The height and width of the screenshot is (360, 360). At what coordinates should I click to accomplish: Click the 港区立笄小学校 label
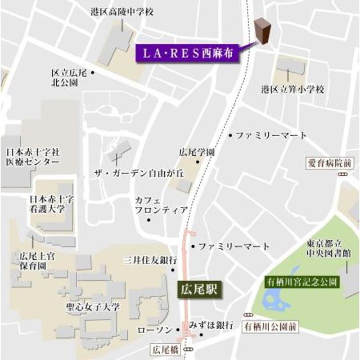[292, 89]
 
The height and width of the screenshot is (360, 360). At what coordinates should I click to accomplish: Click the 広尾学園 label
[197, 152]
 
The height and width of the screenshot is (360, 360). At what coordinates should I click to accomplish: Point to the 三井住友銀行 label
[150, 260]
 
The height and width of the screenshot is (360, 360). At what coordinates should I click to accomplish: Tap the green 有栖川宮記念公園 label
[303, 281]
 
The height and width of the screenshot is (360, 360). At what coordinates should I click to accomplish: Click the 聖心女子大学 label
[92, 308]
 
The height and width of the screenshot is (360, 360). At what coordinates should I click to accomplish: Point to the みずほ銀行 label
[211, 325]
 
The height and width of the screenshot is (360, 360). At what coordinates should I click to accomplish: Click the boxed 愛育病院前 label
[330, 164]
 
